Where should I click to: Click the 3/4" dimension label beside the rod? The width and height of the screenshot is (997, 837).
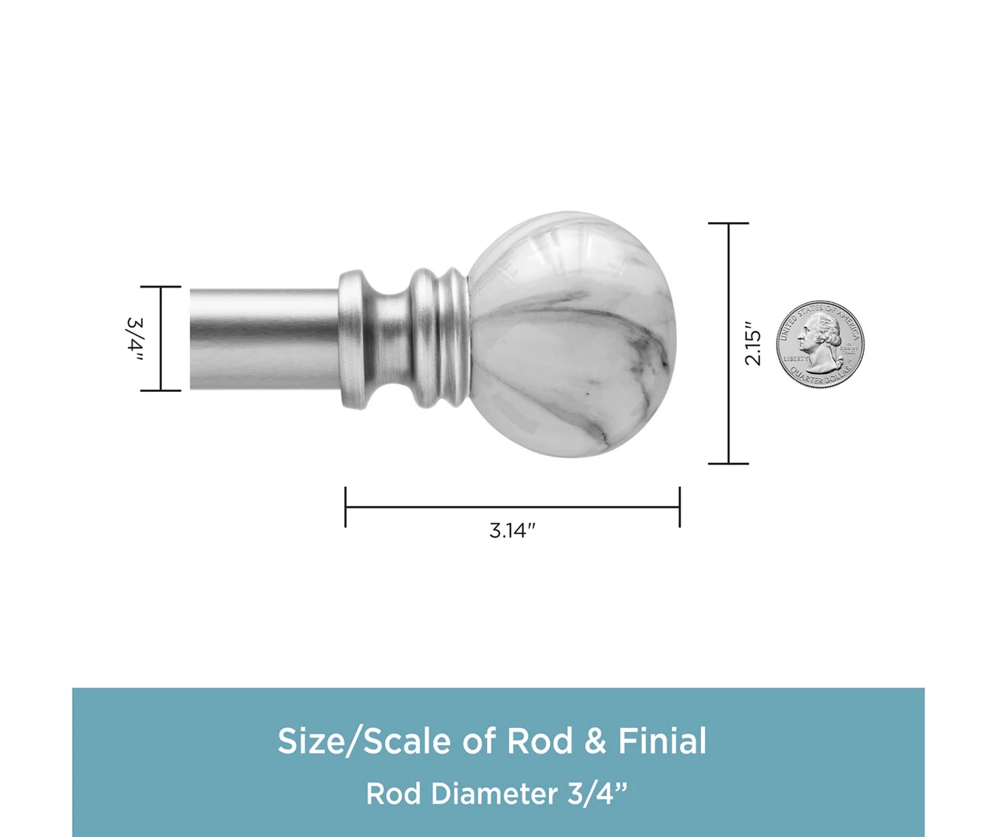coord(134,339)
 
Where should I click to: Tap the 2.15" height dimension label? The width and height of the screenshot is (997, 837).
coord(752,343)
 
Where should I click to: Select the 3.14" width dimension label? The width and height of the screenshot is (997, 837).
coord(513,531)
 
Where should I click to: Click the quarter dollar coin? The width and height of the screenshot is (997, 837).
coord(820,344)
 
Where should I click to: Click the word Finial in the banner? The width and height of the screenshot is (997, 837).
coord(662,741)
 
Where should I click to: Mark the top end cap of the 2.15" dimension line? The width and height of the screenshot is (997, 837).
coord(728,223)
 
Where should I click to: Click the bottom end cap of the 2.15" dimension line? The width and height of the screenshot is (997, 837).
coord(728,464)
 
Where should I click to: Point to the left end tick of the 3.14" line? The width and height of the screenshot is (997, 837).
coord(346,507)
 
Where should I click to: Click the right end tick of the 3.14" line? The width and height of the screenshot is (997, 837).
coord(679,507)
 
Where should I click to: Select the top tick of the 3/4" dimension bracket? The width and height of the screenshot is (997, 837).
coord(160,287)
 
